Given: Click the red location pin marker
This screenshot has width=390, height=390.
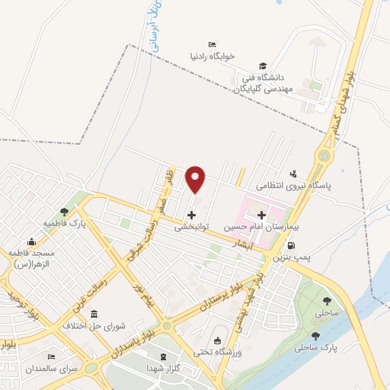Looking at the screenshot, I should coord(197,178).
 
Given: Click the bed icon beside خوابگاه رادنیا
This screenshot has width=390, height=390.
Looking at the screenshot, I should coord(211,43).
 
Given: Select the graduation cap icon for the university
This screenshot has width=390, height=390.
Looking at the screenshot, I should coord(263,66).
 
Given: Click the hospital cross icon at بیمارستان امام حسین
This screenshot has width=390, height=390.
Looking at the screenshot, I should coord(262,216).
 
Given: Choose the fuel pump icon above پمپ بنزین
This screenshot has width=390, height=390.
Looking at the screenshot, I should coord(292,246).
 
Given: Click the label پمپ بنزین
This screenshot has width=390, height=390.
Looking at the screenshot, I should coord(293,259).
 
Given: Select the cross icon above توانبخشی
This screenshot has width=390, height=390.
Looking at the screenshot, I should coord(190,215).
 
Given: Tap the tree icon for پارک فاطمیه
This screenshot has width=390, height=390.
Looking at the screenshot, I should coord(64,212).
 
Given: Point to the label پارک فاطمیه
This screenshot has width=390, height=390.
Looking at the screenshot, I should coord(64,224).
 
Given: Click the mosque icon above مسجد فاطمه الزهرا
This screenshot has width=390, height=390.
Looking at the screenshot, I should coord(30,239).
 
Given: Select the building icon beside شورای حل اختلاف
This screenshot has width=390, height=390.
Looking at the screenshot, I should coord(93,315).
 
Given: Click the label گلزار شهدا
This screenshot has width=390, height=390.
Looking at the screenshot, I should coord(161,369).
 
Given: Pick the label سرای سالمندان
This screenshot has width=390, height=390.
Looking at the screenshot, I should coord(51,369).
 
